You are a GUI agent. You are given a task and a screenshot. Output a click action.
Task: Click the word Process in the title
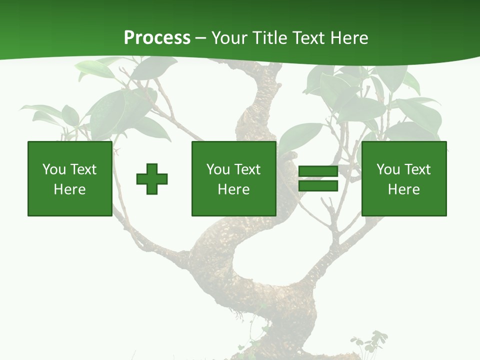pos(157,38)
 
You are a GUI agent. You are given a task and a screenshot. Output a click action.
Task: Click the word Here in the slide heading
pos(350,38)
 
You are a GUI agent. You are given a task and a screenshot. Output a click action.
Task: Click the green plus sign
pos(152,179)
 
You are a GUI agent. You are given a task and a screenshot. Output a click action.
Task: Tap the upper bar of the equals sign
pos(318,171)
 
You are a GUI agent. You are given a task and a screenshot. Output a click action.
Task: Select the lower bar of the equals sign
pos(318,186)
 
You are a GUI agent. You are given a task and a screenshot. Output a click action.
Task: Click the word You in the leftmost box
pos(53,169)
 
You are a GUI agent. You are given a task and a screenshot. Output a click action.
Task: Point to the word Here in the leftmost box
pos(69,189)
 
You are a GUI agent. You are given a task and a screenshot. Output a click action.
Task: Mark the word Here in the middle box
pos(233,189)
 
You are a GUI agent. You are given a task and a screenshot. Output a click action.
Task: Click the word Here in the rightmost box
pos(403,189)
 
